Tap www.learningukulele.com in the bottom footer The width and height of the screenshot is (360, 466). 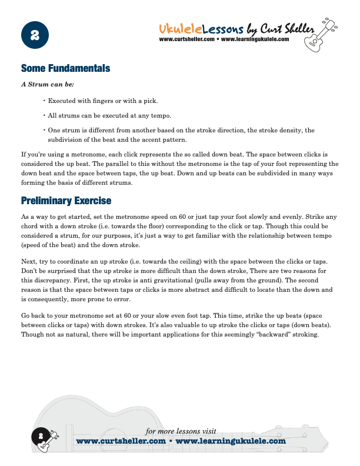(231, 441)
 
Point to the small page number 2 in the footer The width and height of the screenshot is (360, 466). (41, 436)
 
